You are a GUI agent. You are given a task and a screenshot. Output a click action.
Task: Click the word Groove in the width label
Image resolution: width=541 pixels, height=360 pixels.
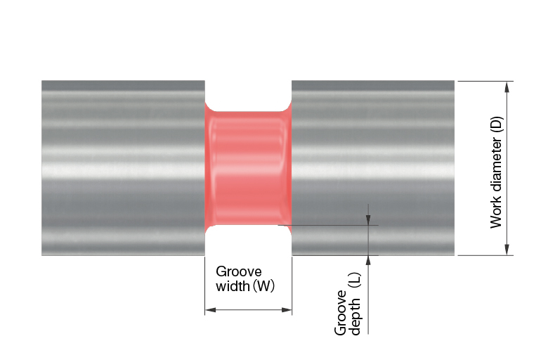238,271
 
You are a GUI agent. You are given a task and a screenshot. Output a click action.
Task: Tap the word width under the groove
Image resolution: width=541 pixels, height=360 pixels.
233,286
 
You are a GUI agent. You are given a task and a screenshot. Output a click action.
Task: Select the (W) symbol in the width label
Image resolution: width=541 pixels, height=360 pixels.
264,286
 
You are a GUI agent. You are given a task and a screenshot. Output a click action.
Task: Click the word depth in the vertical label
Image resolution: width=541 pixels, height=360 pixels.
355,317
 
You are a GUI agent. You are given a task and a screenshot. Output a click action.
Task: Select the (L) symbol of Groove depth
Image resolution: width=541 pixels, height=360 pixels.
355,281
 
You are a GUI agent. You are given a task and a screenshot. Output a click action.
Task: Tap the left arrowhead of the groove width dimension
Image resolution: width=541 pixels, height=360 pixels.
210,309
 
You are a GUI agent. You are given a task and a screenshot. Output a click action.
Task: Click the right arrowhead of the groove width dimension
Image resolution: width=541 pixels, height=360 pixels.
287,309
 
